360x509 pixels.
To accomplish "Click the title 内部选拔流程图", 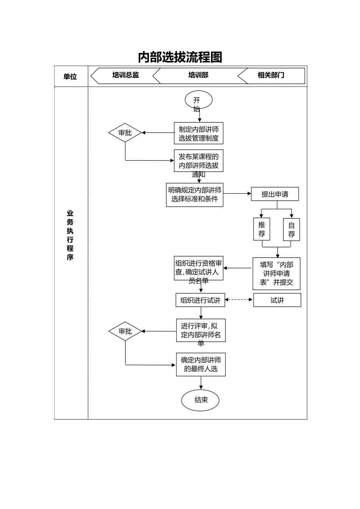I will pos(180,57).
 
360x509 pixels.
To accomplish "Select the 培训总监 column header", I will pos(125,75).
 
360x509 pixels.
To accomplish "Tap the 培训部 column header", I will pos(198,75).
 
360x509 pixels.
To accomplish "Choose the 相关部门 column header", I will pos(271,75).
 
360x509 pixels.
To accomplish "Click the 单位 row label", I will pos(70,77).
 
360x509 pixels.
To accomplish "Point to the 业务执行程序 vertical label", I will pos(70,235).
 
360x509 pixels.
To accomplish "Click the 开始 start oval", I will pos(198,100).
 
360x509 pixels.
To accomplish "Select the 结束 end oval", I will pos(200,400).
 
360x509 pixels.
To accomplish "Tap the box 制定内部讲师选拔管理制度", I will pos(199,133).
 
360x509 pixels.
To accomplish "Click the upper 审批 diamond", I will pos(125,133).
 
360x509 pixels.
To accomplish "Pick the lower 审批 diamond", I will pos(125,331).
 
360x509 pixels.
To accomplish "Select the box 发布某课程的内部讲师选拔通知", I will pos(199,161).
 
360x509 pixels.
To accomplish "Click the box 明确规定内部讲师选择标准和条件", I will pos(194,195).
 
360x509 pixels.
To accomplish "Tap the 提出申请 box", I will pos(275,194).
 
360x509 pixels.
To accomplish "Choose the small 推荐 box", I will pos(261,229).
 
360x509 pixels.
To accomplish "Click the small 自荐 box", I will pos(291,230).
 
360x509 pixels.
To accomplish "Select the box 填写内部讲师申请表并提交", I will pos(276,273).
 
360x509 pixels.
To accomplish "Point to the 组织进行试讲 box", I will pos(200,300).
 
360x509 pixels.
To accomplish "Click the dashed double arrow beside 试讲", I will pos(239,300).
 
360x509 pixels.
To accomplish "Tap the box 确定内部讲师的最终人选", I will pos(200,364).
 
